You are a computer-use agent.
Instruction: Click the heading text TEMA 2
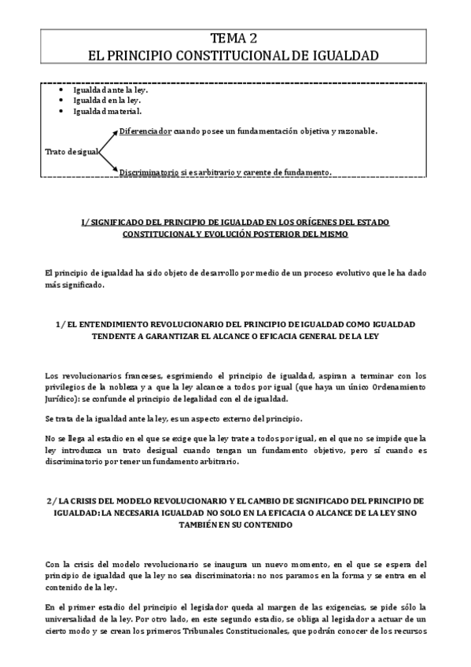click(x=235, y=39)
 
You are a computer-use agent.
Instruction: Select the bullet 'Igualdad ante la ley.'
click(x=110, y=90)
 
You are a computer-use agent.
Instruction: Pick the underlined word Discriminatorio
click(x=149, y=171)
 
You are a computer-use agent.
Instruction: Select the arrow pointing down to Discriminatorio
click(x=109, y=161)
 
